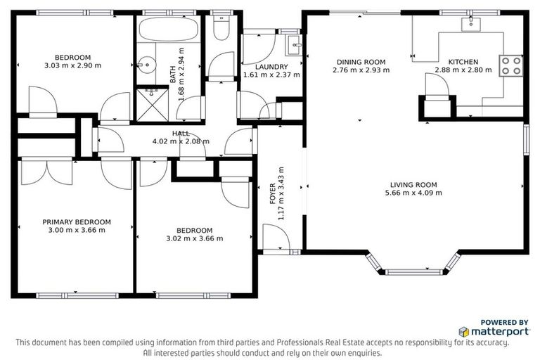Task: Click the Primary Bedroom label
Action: tap(76, 221)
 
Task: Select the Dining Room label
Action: tap(360, 62)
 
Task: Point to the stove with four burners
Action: tap(510, 66)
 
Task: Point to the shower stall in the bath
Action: tap(148, 98)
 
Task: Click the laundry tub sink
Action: tap(293, 47)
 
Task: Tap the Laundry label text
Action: tap(271, 67)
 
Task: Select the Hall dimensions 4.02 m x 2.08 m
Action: tap(181, 141)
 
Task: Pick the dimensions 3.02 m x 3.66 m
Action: tap(194, 238)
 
